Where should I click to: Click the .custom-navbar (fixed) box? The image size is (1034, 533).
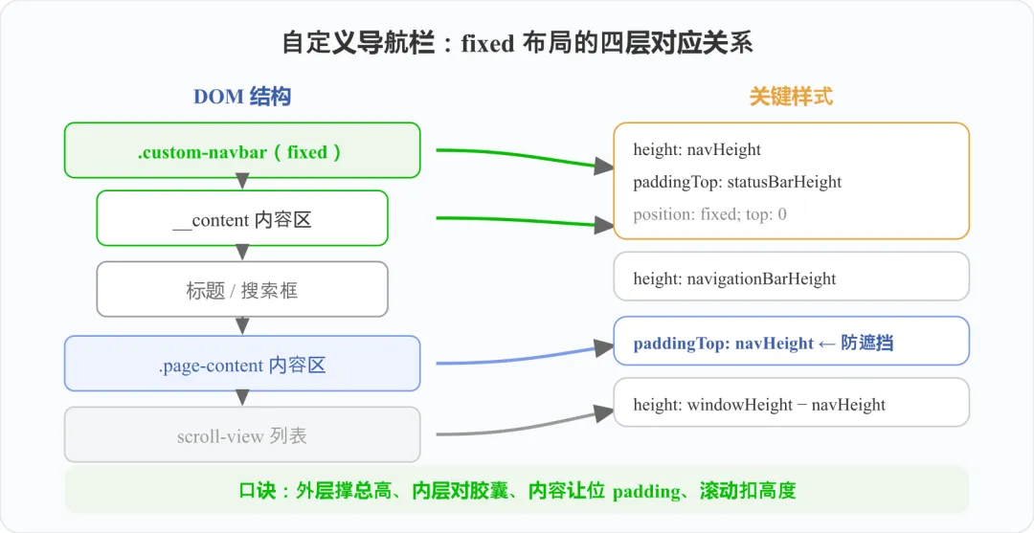(x=242, y=150)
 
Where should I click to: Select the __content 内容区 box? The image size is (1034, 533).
(x=242, y=218)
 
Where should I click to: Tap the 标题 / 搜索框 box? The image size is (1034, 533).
(x=242, y=289)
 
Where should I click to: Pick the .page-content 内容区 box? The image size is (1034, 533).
(x=242, y=364)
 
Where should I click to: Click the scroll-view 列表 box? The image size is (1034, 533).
(x=242, y=434)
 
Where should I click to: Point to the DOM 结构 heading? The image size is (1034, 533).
(x=242, y=97)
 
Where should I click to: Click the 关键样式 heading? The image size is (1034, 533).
(x=792, y=97)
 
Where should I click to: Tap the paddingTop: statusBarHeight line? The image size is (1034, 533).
(x=737, y=182)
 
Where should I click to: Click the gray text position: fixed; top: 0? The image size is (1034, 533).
(x=709, y=214)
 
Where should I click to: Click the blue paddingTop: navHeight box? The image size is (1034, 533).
(x=792, y=341)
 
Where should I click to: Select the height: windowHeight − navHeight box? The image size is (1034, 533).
(x=792, y=402)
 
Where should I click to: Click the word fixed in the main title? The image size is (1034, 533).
(x=487, y=44)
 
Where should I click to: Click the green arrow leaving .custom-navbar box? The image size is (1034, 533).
(x=526, y=157)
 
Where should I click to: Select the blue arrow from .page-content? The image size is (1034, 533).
(x=526, y=356)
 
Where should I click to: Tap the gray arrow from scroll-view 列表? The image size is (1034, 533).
(x=526, y=425)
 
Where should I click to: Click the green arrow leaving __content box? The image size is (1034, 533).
(x=526, y=221)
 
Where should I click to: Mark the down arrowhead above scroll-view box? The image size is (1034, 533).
(x=242, y=397)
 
